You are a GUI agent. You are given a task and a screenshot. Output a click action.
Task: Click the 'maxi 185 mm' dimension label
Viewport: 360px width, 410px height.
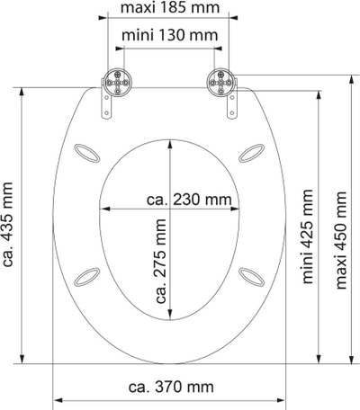(170, 8)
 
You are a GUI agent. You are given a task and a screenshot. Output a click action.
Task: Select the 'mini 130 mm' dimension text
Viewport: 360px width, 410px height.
(170, 35)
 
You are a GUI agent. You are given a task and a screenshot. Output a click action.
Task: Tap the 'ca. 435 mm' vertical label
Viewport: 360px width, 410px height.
(7, 224)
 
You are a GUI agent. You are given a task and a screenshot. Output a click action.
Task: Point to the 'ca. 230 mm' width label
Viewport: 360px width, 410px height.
(189, 200)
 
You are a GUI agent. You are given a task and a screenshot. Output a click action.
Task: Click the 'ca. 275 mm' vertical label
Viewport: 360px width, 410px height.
(161, 261)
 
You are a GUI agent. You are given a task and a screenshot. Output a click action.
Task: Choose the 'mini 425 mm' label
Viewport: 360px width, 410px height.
(308, 236)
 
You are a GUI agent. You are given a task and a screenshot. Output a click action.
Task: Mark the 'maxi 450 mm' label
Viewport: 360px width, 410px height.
(341, 240)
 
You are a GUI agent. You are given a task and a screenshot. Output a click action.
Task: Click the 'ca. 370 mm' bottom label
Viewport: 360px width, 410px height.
(171, 387)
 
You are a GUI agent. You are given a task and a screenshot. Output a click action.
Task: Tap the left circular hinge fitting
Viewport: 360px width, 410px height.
(118, 82)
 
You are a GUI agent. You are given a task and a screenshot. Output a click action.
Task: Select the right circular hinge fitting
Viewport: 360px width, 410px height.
(220, 82)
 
